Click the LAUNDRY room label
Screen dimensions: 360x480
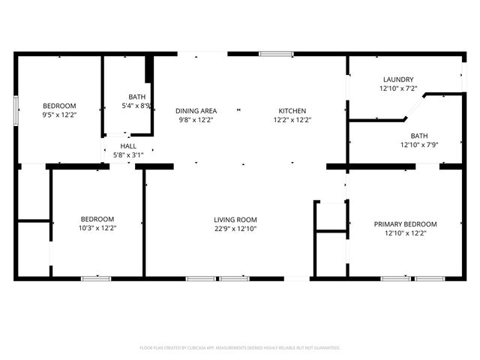pyautogui.click(x=398, y=79)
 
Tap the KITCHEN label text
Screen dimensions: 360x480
pyautogui.click(x=292, y=111)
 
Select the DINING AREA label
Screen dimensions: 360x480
pyautogui.click(x=196, y=111)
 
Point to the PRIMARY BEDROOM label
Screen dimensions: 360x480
pyautogui.click(x=405, y=224)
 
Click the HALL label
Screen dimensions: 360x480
pyautogui.click(x=127, y=146)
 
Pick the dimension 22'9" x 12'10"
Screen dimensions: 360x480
pyautogui.click(x=235, y=229)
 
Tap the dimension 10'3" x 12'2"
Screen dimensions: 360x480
pyautogui.click(x=97, y=228)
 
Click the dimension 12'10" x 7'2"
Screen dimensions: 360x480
pyautogui.click(x=398, y=88)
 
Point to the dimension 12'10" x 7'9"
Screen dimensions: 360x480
pyautogui.click(x=419, y=145)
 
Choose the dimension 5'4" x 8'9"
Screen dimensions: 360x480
pyautogui.click(x=137, y=106)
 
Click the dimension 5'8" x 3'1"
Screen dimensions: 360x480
pyautogui.click(x=127, y=155)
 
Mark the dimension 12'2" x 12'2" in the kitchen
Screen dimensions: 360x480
pyautogui.click(x=292, y=120)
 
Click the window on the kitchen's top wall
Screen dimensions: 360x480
pyautogui.click(x=271, y=54)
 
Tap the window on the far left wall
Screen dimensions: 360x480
pyautogui.click(x=16, y=108)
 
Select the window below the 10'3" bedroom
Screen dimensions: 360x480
pyautogui.click(x=96, y=279)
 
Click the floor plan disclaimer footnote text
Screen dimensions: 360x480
pyautogui.click(x=240, y=348)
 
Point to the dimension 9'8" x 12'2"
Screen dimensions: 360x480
pyautogui.click(x=196, y=120)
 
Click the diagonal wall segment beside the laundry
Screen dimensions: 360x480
pyautogui.click(x=415, y=106)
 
